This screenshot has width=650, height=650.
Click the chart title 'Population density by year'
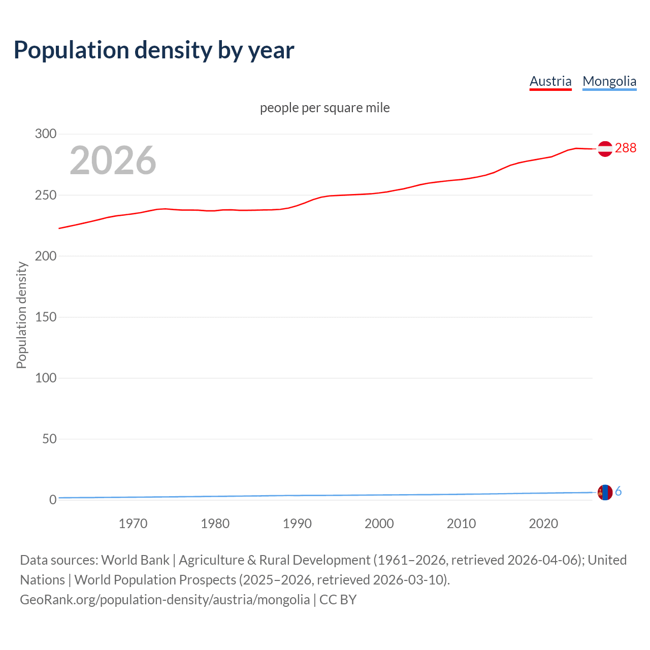tap(154, 50)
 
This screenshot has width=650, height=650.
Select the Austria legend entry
tap(550, 81)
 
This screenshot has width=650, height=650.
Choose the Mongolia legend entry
tap(609, 81)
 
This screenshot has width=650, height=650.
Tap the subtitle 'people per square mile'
tap(325, 108)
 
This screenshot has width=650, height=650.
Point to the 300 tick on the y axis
tap(46, 134)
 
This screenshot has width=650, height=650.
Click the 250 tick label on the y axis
tap(46, 195)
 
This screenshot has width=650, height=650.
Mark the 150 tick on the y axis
tap(46, 317)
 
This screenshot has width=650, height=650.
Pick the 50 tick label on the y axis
tap(49, 439)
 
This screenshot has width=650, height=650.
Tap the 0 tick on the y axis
tap(53, 500)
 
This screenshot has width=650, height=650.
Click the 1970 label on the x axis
tap(133, 524)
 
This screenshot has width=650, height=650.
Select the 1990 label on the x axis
tap(297, 524)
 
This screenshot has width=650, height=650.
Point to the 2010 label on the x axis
tap(461, 524)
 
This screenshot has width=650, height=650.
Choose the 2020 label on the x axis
tap(543, 524)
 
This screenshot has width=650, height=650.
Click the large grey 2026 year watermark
tap(113, 160)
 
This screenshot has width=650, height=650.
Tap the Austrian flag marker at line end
tap(605, 149)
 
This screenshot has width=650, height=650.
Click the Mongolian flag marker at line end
tap(605, 492)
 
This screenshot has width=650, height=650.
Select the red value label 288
tap(626, 148)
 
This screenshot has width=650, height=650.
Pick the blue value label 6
tap(619, 492)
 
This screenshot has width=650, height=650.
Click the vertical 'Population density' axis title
tap(21, 315)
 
